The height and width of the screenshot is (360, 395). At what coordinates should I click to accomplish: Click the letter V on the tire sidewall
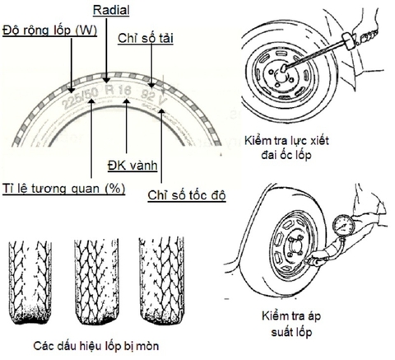(x=168, y=88)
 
